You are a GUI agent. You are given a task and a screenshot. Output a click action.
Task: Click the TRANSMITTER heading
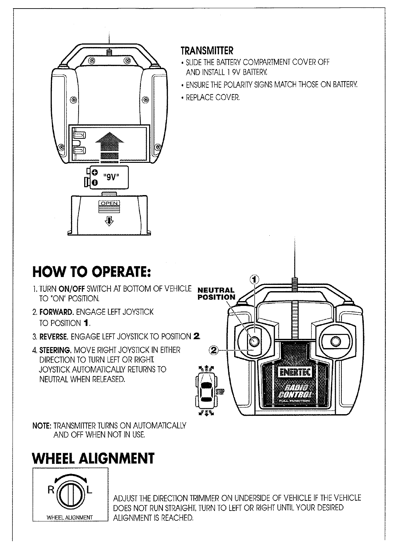click(x=207, y=51)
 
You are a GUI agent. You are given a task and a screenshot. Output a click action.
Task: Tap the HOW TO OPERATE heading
click(x=92, y=271)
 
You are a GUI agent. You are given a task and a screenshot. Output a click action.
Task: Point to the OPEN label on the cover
click(x=109, y=203)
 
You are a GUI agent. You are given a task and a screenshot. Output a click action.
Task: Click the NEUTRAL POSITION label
click(x=216, y=294)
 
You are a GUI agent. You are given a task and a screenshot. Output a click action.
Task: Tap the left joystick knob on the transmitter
click(x=254, y=341)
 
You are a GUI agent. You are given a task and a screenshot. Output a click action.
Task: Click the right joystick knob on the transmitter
click(x=335, y=341)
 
